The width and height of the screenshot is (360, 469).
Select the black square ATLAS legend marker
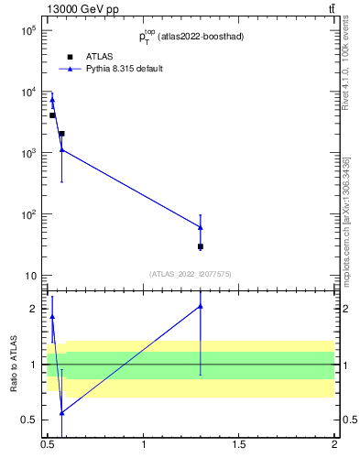click(x=70, y=57)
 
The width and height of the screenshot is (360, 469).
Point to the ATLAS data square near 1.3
click(x=201, y=246)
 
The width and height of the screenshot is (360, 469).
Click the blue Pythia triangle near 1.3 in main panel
click(x=201, y=227)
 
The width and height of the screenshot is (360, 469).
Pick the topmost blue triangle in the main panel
click(x=52, y=100)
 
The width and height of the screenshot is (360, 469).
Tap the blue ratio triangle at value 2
click(x=201, y=306)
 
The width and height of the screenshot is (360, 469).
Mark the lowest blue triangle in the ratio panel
click(x=61, y=413)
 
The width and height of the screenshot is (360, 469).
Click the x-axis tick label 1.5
click(x=239, y=444)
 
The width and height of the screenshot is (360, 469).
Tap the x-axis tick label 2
click(x=334, y=444)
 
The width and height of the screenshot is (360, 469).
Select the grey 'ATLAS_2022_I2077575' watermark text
click(x=191, y=273)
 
